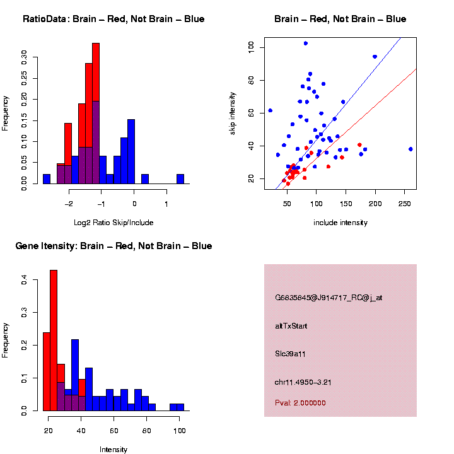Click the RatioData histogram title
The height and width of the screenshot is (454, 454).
[113, 19]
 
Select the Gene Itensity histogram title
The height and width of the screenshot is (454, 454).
[113, 246]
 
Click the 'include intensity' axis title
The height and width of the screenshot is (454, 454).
[340, 223]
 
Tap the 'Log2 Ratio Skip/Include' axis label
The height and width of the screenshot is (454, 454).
[113, 223]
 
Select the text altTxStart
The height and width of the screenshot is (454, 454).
[291, 326]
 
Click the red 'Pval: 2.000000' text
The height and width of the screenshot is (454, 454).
[300, 403]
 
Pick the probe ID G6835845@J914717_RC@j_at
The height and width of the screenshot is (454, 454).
[329, 298]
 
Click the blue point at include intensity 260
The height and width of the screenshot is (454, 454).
[410, 149]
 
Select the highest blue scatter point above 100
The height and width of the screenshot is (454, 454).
[305, 43]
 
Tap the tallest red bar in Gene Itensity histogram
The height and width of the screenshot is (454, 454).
[54, 340]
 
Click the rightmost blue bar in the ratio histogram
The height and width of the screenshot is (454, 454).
[180, 179]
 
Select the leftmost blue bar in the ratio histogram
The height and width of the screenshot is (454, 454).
[47, 179]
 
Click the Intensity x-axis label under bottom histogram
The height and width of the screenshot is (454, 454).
[113, 450]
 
